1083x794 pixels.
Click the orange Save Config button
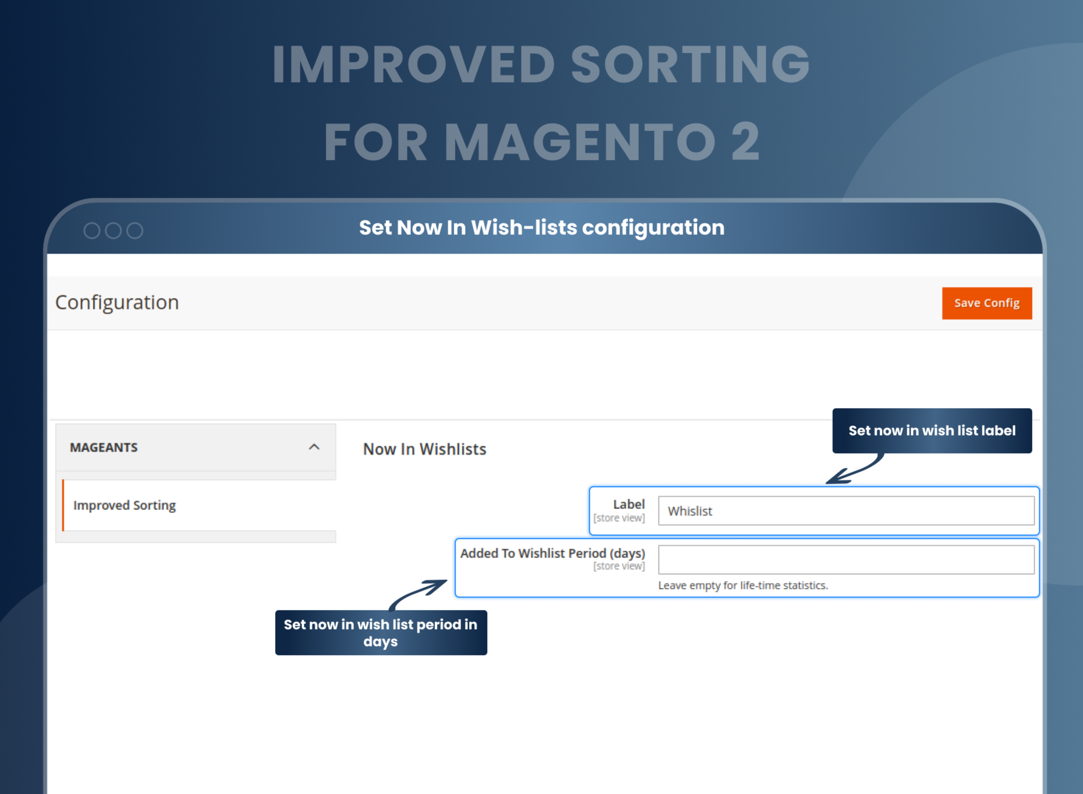(x=986, y=303)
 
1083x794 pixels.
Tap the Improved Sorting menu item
(x=124, y=505)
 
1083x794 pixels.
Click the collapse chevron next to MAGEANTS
(x=314, y=447)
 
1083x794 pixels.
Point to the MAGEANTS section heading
(x=104, y=447)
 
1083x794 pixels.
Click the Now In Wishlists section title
(x=424, y=449)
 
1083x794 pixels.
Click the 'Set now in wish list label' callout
(x=932, y=431)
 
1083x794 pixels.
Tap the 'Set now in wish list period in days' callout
(x=381, y=632)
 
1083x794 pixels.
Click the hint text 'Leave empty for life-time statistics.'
(x=743, y=585)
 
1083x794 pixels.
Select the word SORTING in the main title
(x=690, y=64)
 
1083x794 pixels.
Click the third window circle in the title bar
(x=135, y=231)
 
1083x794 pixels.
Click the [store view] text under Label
(x=619, y=518)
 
